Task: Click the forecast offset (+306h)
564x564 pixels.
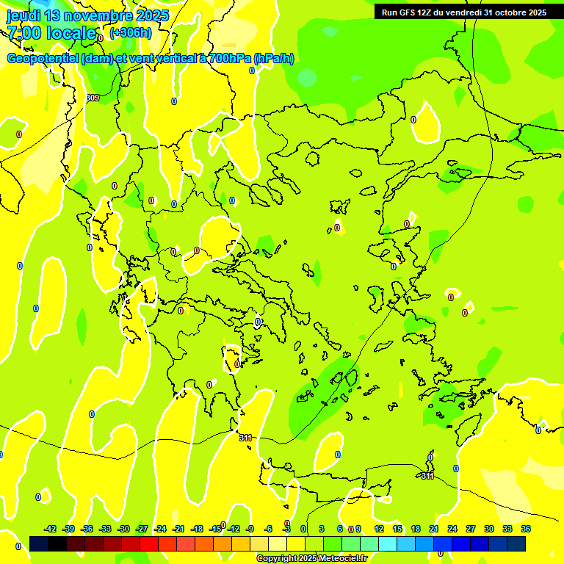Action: click(x=131, y=32)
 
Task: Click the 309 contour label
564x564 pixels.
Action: click(x=92, y=98)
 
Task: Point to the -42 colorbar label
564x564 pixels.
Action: click(x=50, y=529)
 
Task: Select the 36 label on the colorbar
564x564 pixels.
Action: click(x=526, y=529)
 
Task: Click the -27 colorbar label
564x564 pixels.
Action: click(x=142, y=529)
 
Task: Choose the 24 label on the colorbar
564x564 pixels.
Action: click(x=452, y=529)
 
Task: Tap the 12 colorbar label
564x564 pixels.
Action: click(x=379, y=529)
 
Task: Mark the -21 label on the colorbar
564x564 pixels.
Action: click(x=178, y=529)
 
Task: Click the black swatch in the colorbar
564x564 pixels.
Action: click(x=39, y=543)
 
